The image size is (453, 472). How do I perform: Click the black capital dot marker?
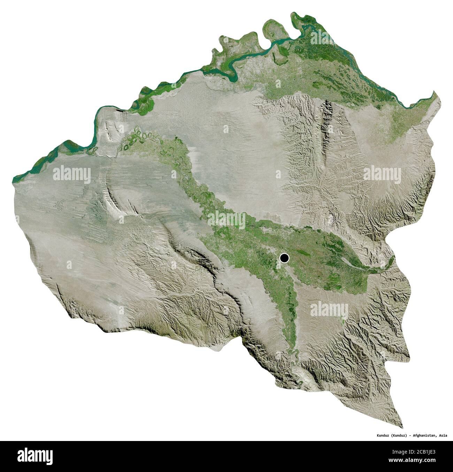[x=284, y=258]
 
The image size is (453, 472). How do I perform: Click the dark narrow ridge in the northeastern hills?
[x=328, y=115]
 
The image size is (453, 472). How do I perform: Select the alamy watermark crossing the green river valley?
[x=227, y=219]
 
